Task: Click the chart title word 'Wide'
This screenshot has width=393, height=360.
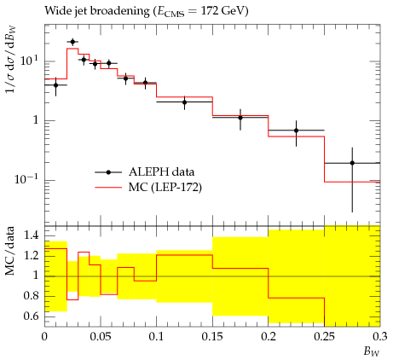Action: [56, 11]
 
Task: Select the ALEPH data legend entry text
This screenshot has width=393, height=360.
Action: [161, 171]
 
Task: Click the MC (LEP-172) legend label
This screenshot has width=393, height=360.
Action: [165, 188]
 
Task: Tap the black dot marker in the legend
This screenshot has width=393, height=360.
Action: [108, 172]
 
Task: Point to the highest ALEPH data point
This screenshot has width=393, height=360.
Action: [72, 42]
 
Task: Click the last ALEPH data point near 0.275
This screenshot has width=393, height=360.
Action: [352, 163]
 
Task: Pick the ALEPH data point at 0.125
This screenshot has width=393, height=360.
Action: [185, 102]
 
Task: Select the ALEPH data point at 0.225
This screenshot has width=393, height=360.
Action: [297, 131]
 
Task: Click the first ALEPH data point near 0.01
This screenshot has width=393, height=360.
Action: [55, 85]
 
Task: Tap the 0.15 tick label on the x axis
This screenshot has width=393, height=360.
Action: [212, 337]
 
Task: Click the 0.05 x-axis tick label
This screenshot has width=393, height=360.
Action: [101, 337]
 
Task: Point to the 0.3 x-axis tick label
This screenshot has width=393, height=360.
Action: [380, 337]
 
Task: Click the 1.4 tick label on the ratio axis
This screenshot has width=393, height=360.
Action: [32, 235]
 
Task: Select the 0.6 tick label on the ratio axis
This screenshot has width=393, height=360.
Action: [32, 316]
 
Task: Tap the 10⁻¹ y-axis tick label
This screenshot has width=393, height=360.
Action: [26, 179]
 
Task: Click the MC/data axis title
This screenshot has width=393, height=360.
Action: [9, 251]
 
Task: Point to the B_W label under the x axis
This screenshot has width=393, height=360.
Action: [372, 352]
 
